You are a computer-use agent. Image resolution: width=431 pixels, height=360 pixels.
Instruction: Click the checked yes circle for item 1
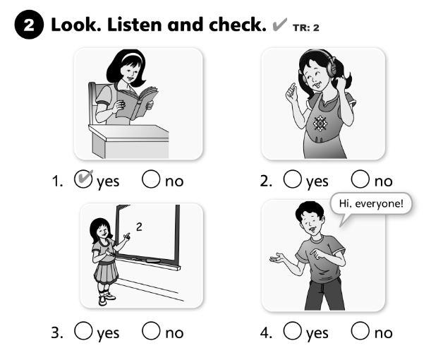83,179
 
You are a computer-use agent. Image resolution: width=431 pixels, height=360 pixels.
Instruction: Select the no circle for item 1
151,179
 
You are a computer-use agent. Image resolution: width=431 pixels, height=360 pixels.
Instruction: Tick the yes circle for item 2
292,179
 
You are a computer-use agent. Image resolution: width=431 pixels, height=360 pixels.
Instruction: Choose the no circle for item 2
360,179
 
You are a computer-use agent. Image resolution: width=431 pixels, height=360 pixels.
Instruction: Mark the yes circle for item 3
83,331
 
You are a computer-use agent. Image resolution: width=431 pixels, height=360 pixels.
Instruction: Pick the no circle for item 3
151,331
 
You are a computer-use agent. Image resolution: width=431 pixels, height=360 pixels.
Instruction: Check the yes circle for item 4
292,331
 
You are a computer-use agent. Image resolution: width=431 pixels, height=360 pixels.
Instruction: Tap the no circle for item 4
360,331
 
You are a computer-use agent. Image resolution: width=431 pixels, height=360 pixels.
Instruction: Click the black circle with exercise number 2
29,25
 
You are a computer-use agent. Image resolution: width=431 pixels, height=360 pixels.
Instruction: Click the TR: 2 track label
306,28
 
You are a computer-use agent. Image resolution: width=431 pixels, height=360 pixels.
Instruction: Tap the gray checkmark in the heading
279,25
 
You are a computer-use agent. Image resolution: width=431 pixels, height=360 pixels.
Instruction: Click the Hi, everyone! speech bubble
371,204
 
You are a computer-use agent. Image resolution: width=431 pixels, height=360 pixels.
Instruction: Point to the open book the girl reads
137,102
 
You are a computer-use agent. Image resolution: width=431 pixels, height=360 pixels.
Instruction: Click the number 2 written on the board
139,227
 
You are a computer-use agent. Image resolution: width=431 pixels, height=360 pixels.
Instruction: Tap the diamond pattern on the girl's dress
320,124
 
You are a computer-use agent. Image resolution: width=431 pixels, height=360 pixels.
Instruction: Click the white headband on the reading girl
132,56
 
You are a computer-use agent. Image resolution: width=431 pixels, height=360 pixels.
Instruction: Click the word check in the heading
238,25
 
